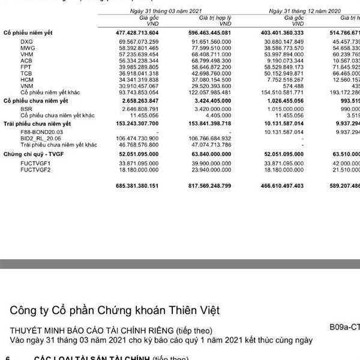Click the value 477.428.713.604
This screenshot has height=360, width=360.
[x=134, y=31]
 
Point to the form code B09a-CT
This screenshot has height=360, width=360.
[x=344, y=329]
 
